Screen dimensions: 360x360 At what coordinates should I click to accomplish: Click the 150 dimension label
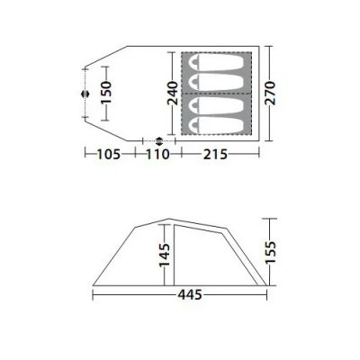point(106,93)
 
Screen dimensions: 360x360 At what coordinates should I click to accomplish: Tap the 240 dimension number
point(173,94)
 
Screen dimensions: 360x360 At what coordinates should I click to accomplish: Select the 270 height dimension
point(270,93)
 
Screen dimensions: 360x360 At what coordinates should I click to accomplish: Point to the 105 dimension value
point(109,155)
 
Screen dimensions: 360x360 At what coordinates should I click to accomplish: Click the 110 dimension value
point(158,155)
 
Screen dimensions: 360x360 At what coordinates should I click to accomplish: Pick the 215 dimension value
point(215,155)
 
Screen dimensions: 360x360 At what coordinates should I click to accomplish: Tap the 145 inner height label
point(165,256)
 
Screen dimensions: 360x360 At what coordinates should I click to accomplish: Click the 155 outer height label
point(270,252)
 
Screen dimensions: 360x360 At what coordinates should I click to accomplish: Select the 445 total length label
point(190,295)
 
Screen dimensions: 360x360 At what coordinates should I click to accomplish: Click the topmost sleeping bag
point(216,63)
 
